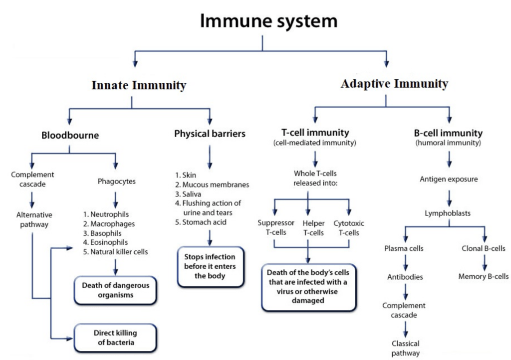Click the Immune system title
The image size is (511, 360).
268,21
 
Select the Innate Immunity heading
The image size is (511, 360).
138,85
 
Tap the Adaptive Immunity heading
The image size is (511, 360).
394,83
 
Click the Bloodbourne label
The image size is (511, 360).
70,135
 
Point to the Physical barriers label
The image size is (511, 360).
210,134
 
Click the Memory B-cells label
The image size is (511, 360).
484,276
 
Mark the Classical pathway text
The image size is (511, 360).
405,348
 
